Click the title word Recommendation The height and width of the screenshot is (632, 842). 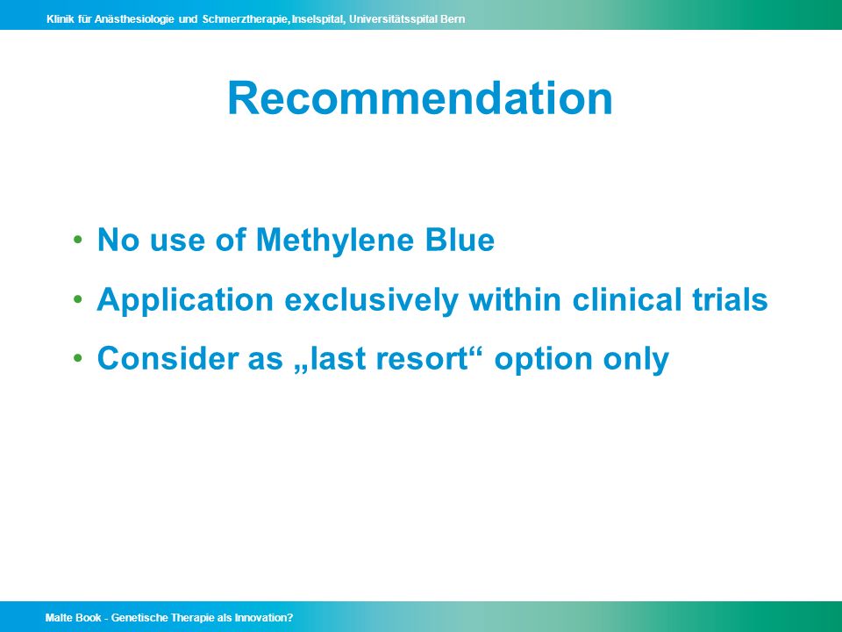coord(420,98)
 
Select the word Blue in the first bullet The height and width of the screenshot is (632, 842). coord(460,240)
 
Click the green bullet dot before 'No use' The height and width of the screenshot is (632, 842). coord(78,239)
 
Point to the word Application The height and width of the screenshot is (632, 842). coord(185,300)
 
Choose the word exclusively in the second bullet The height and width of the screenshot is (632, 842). coord(371,300)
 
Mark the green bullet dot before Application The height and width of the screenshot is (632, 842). coord(78,298)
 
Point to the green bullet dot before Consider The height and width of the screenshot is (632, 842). coord(78,358)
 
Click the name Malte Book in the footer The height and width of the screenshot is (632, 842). coord(73,617)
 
